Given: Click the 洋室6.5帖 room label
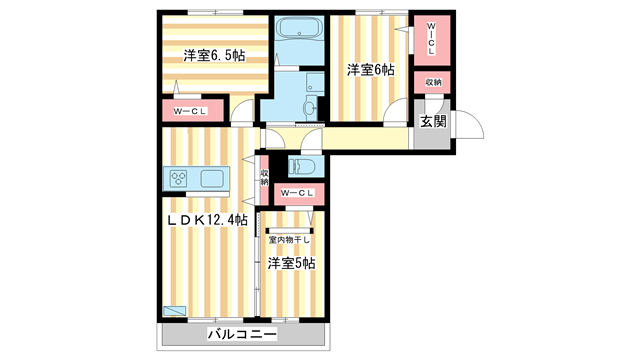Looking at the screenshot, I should pos(213,56).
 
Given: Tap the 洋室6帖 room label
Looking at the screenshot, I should pos(370,70).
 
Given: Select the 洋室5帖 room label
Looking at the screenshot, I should pos(291,263).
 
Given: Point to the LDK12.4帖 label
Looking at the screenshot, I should pos(207,220).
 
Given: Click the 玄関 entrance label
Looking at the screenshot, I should pos(432,122).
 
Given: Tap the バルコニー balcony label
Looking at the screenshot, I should pos(241,334).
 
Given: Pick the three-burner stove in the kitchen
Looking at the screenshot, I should pos(179,179).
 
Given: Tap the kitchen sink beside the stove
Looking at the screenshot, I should pos(213,179).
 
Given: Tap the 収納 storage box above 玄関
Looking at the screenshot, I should pos(432,82).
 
